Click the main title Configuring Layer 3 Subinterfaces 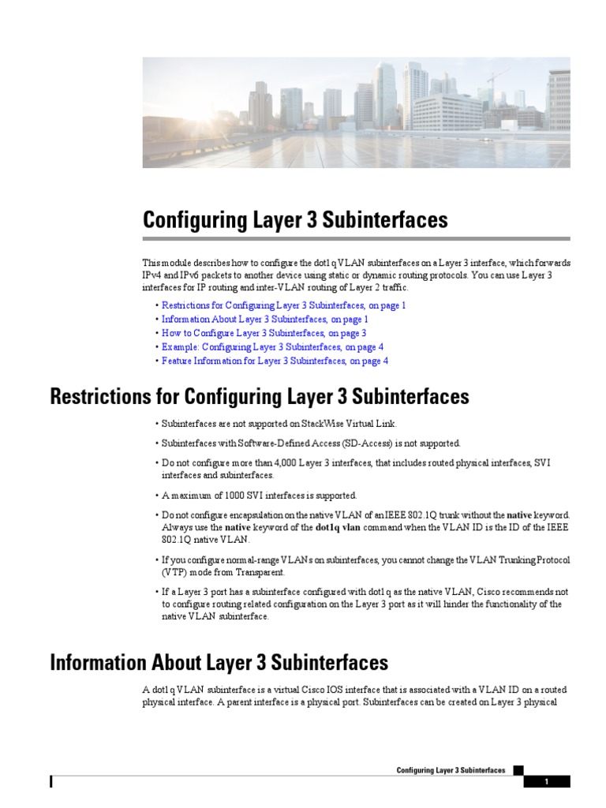click(x=295, y=219)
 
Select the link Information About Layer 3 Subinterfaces click(x=264, y=320)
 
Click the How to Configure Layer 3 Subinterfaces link click(x=264, y=333)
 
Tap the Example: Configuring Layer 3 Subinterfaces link click(x=272, y=347)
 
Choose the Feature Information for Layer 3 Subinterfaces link click(x=275, y=361)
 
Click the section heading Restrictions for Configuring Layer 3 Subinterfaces click(x=260, y=396)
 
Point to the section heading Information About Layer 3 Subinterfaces click(x=219, y=661)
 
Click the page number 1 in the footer click(x=545, y=782)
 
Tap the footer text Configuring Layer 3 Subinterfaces click(x=451, y=770)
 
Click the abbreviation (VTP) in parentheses click(x=174, y=572)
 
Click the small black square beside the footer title click(x=518, y=770)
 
